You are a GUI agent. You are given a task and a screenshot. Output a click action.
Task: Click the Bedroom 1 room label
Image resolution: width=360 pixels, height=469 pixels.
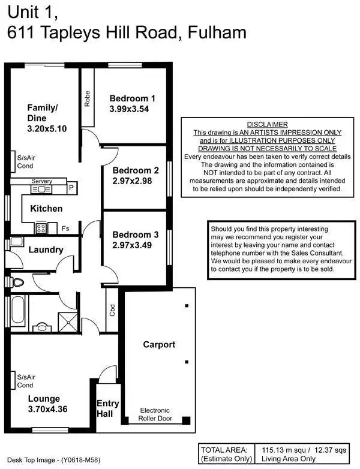point(133,98)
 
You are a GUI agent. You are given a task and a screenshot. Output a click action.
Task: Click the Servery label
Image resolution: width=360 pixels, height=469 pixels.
point(42,181)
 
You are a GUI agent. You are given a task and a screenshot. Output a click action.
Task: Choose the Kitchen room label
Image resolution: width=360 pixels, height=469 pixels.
point(46,209)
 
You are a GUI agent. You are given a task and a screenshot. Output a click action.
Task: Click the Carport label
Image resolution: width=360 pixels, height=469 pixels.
point(159,344)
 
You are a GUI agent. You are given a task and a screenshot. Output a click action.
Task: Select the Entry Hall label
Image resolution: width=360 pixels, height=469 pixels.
point(108,408)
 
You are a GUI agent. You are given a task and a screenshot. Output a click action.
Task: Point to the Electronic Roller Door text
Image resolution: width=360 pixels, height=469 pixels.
point(155,414)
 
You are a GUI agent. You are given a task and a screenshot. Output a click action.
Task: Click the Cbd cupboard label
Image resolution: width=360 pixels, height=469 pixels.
point(112,310)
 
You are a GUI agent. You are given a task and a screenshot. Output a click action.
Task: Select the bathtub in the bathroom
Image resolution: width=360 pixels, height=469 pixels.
point(17,310)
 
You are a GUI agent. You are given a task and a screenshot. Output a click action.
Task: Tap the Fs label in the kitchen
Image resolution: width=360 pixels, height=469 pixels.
point(65,229)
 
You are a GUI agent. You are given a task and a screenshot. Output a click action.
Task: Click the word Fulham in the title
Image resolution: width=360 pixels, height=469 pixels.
point(218,33)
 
